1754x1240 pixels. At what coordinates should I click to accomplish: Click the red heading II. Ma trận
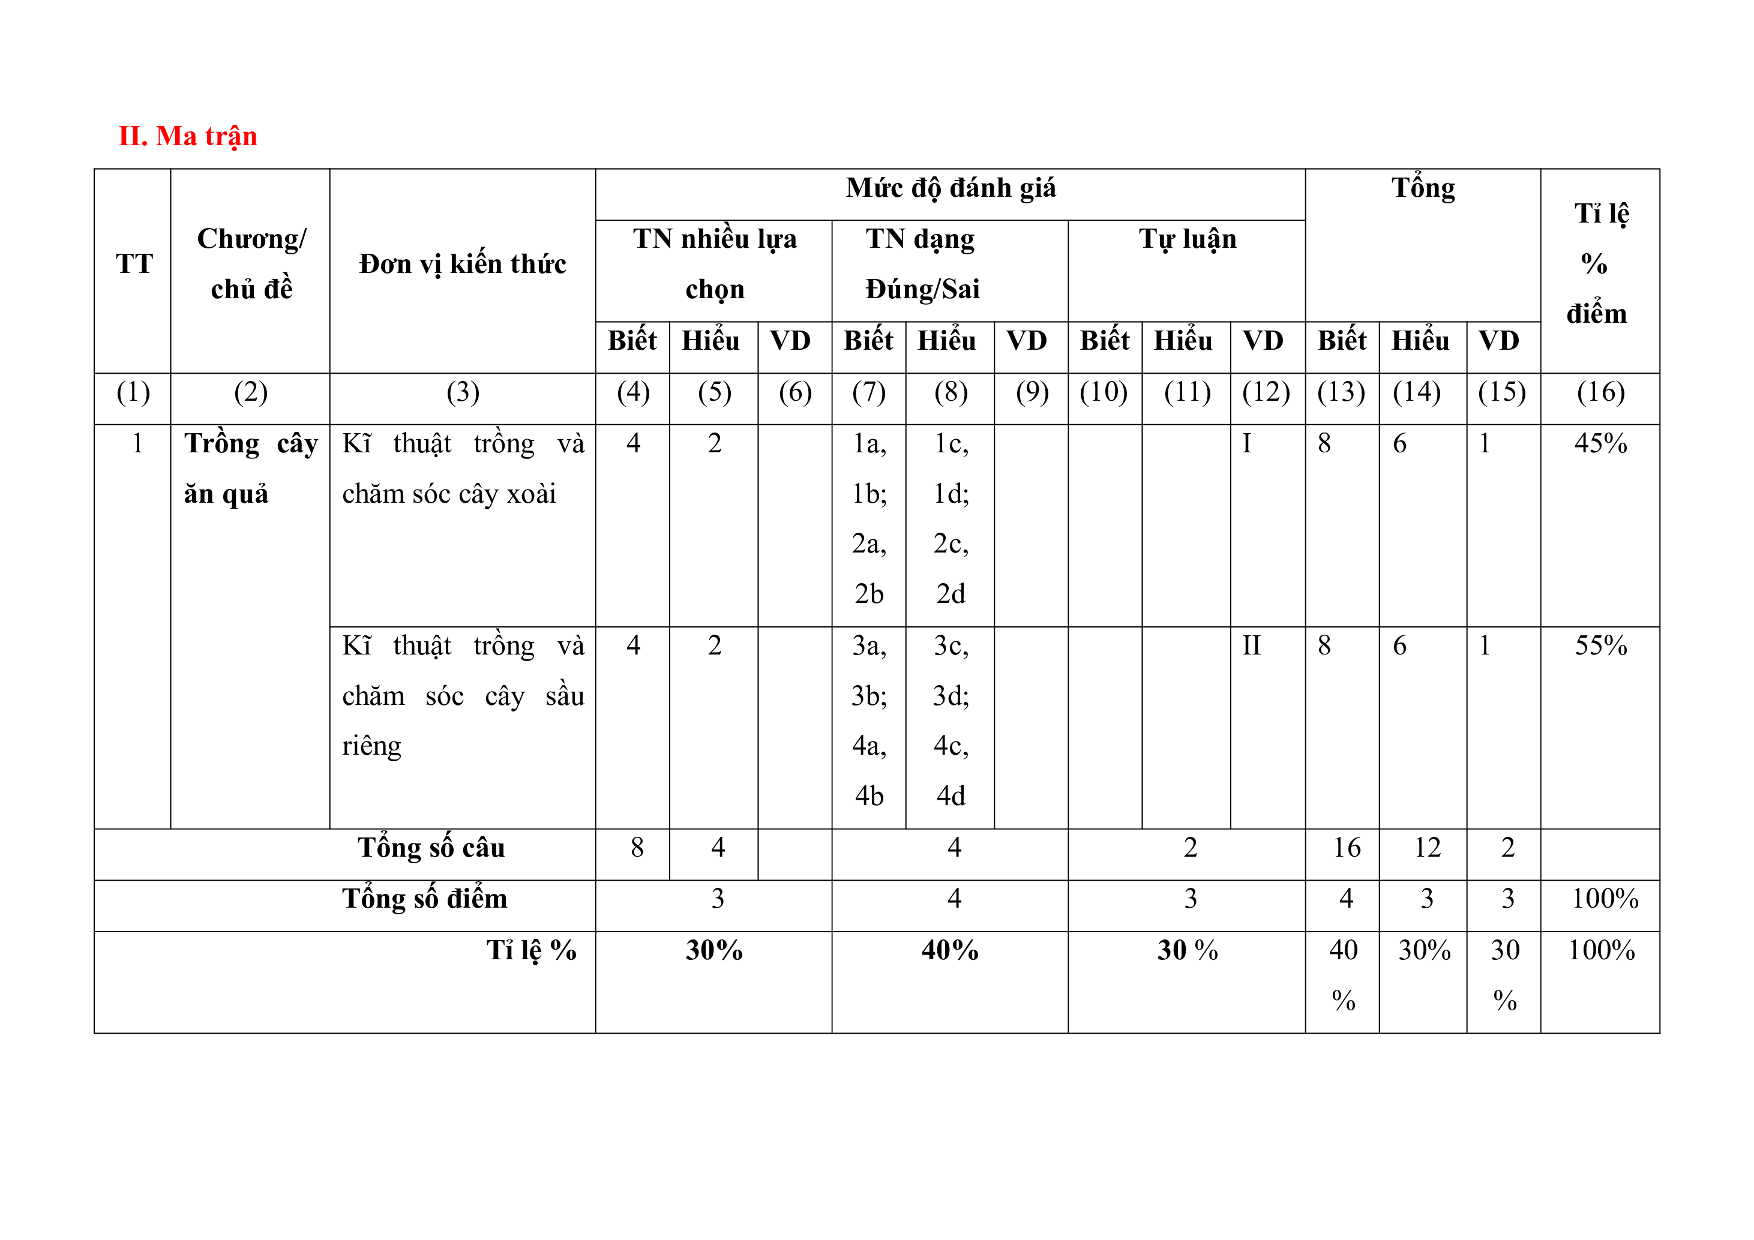click(x=188, y=136)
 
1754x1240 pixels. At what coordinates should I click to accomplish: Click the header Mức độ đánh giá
click(x=951, y=188)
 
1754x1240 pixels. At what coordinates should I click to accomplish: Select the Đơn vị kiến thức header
click(x=462, y=264)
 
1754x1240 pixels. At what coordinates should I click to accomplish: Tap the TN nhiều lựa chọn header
click(x=714, y=263)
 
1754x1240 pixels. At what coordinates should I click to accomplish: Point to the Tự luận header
click(x=1187, y=239)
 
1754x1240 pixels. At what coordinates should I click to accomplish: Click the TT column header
click(x=134, y=264)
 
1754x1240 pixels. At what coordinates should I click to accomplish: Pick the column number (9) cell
click(x=1032, y=392)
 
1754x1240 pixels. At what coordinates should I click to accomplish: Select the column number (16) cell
click(x=1600, y=392)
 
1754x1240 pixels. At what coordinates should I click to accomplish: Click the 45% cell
click(x=1600, y=443)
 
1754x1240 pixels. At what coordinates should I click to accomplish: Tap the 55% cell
click(x=1600, y=646)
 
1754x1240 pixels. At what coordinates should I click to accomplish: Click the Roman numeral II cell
click(x=1251, y=646)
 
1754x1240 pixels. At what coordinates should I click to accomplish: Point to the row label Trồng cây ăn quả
click(x=251, y=468)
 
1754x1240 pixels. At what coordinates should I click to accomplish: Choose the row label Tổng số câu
click(x=431, y=848)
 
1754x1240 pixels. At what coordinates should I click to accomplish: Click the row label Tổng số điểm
click(x=425, y=899)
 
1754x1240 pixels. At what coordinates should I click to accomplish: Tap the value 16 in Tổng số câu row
click(x=1347, y=848)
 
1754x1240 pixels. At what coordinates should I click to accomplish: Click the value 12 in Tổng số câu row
click(x=1427, y=848)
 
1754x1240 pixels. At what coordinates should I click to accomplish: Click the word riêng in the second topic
click(x=371, y=746)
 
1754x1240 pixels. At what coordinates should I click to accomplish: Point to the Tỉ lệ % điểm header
click(x=1599, y=263)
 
